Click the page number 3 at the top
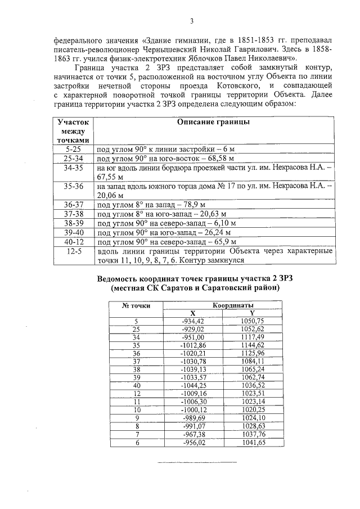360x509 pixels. point(192,21)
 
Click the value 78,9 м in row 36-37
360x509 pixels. point(201,204)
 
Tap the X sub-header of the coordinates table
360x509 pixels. point(192,313)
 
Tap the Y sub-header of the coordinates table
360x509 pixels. point(252,313)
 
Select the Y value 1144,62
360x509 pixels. point(253,345)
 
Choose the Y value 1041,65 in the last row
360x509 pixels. point(253,443)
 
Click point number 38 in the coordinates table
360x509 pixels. point(136,369)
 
